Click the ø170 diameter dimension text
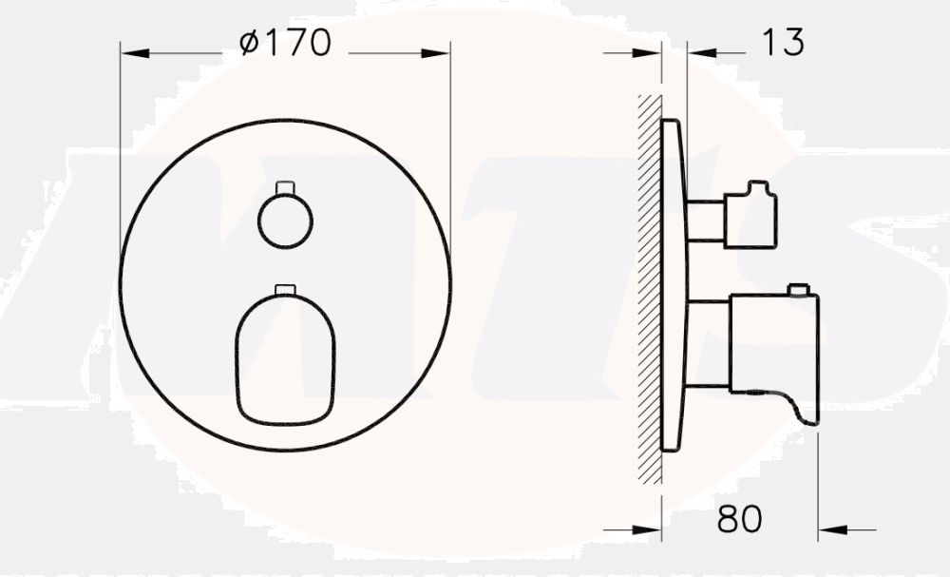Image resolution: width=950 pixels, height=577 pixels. [285, 43]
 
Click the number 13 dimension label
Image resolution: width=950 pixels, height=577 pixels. [783, 42]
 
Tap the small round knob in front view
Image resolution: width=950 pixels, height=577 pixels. [285, 222]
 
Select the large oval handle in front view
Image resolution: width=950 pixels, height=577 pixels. [285, 359]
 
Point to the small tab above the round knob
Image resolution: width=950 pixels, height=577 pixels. [285, 186]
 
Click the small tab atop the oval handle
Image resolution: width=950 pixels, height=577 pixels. [285, 289]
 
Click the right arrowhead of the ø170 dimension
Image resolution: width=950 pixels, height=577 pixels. [438, 54]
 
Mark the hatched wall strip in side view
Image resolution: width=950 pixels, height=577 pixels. [651, 285]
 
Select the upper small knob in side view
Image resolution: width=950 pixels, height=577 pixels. [750, 217]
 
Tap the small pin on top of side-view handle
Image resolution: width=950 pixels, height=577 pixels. [798, 289]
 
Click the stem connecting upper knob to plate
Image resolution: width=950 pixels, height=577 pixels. [705, 221]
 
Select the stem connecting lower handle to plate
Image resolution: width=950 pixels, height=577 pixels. [707, 344]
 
